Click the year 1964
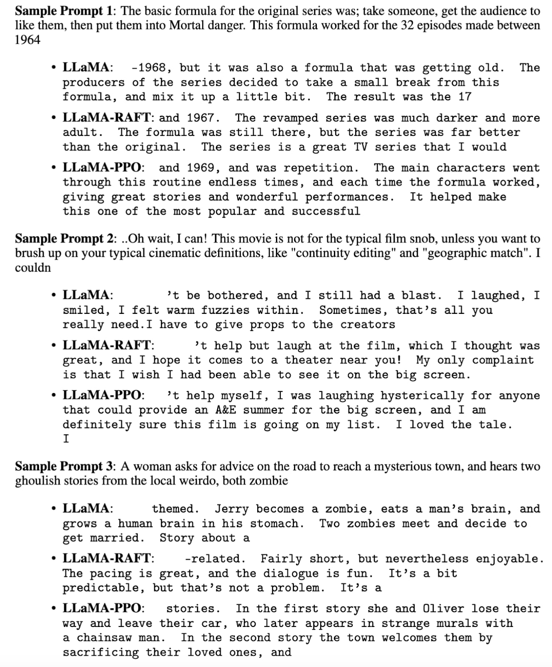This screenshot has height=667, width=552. pyautogui.click(x=28, y=40)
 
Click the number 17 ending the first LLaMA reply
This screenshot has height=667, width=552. pyautogui.click(x=464, y=97)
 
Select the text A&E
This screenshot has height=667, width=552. pyautogui.click(x=226, y=410)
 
